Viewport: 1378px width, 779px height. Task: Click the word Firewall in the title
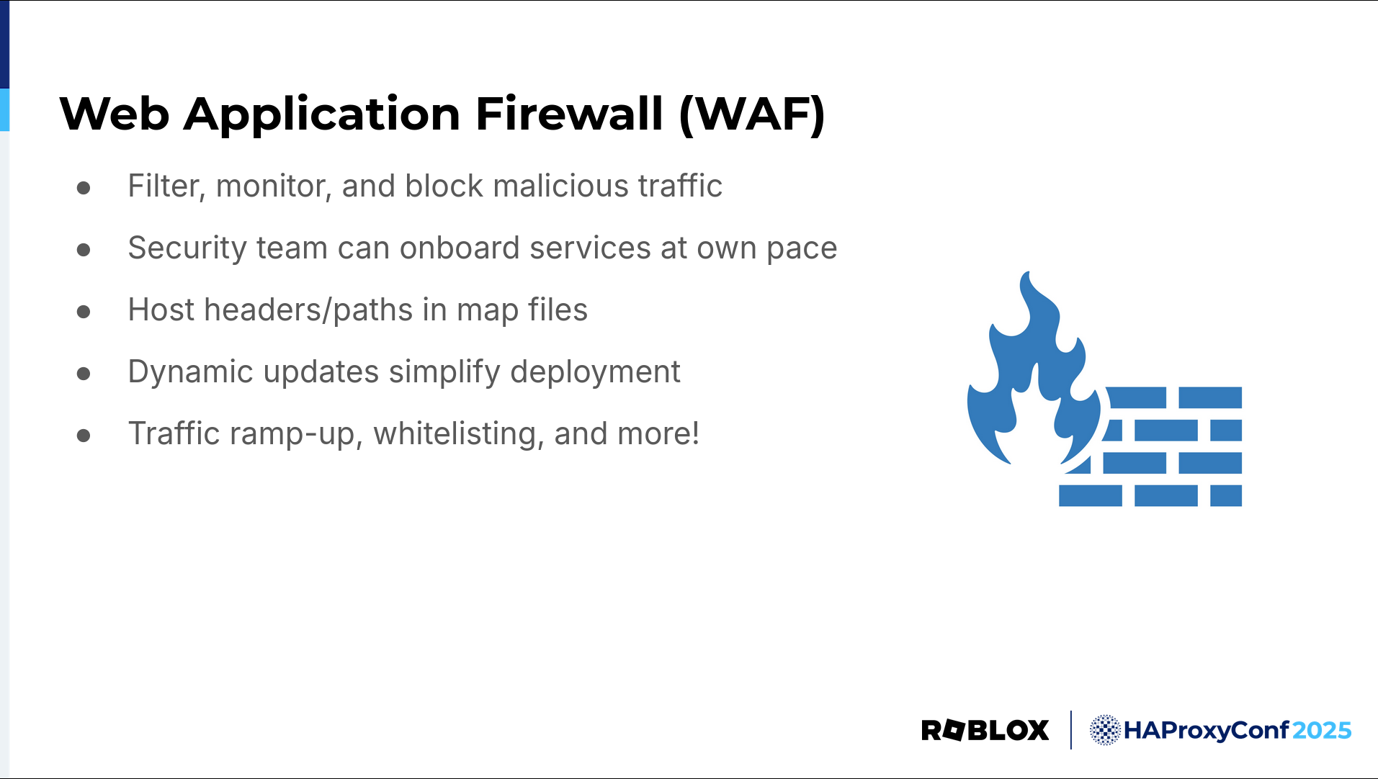[x=569, y=114]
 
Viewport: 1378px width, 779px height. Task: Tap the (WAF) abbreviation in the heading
[x=752, y=115]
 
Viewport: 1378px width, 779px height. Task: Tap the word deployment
[x=595, y=373]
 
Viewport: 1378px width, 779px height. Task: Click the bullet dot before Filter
[x=84, y=188]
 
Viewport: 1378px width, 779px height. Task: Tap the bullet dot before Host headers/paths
[x=84, y=312]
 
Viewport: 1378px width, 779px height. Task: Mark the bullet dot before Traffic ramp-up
[x=84, y=436]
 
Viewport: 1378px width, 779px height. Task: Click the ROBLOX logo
[x=985, y=730]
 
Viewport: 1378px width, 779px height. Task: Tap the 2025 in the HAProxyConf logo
[x=1322, y=730]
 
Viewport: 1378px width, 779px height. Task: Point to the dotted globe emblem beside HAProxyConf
[x=1104, y=730]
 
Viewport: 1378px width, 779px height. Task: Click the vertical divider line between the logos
[x=1071, y=730]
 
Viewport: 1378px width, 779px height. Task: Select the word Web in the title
[x=115, y=114]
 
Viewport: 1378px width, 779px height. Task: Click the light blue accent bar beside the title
[x=4, y=110]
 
